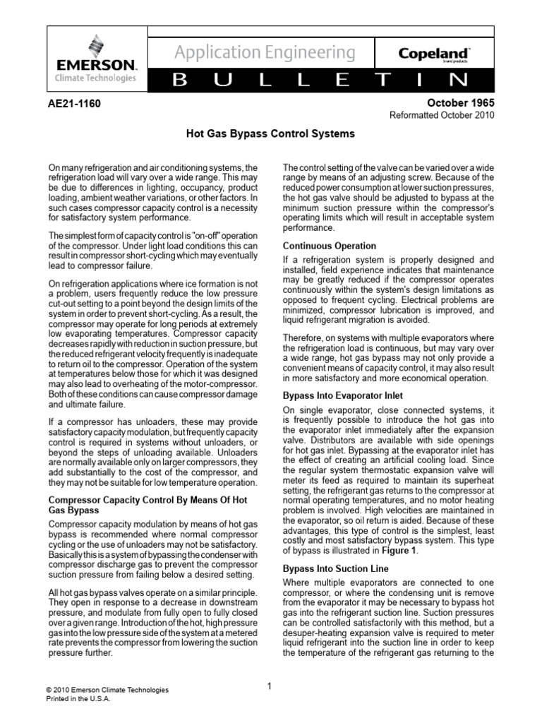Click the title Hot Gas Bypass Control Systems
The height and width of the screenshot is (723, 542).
click(270, 133)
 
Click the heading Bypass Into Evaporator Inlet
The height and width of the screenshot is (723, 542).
click(342, 396)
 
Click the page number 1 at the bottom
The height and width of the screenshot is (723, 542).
click(271, 686)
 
